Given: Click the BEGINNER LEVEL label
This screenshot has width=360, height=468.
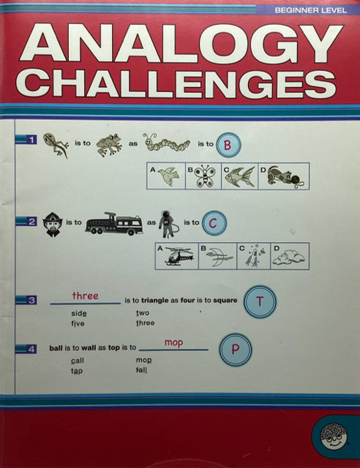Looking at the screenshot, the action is coord(311,10).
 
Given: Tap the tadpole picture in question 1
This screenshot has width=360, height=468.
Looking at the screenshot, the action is coord(56,145).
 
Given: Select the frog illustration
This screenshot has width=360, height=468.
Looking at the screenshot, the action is coord(109,145).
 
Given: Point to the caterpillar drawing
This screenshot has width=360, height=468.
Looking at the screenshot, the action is coord(166,143).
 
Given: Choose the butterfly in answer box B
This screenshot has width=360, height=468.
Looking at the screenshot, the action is coord(205,176).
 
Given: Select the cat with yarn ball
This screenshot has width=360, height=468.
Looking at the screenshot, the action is coord(284,177).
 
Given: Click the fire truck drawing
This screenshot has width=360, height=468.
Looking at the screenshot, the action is coord(114,224).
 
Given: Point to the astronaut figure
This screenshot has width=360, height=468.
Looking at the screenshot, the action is coord(168,224).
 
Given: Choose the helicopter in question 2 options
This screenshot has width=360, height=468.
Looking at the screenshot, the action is coord(179,256).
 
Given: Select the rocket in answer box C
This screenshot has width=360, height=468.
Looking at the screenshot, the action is coord(253,257).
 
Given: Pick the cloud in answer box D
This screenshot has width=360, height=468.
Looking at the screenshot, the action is coord(289,258).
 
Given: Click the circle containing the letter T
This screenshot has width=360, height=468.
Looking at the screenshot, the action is coord(260,302).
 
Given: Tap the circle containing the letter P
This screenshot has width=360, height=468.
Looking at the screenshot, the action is coord(236,350).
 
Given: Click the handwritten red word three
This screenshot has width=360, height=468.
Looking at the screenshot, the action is coord(85,295).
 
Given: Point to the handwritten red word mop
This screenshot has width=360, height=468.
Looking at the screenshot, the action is coord(173,343).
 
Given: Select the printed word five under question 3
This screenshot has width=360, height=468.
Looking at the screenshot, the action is coord(78,323).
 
